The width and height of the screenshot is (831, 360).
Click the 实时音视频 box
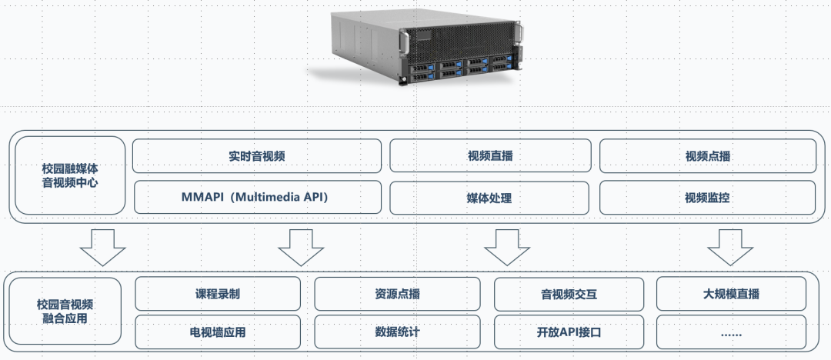[x=257, y=156]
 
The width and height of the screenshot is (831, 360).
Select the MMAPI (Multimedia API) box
[x=257, y=198]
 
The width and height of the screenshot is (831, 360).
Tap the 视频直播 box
[x=490, y=156]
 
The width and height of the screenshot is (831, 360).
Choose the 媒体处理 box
[x=490, y=198]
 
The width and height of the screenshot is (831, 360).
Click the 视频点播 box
[x=708, y=156]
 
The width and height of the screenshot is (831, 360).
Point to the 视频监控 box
[x=708, y=198]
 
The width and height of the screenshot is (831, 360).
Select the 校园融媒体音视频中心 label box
[x=70, y=175]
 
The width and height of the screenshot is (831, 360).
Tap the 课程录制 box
[x=218, y=293]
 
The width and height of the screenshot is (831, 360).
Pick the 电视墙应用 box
[x=218, y=332]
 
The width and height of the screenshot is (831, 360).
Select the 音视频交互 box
[x=569, y=293]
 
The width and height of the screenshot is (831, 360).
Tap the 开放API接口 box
[x=569, y=332]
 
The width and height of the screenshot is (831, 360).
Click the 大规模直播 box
[x=732, y=293]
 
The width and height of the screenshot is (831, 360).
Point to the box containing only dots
[x=732, y=332]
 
